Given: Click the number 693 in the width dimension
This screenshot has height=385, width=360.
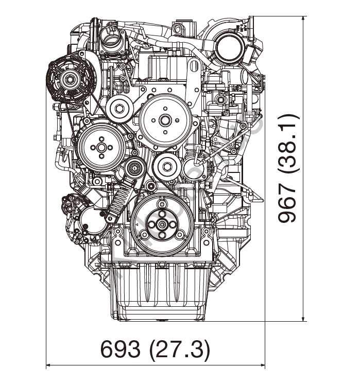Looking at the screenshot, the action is (121, 349).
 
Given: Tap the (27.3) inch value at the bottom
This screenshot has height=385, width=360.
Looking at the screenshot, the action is (179, 349).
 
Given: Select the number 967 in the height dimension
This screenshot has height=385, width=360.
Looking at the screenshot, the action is (287, 203).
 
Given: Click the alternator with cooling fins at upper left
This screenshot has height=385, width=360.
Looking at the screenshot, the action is (71, 79).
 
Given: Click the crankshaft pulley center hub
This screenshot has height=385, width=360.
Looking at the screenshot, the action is (162, 224).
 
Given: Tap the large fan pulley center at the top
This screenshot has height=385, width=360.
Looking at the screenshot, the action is (165, 120).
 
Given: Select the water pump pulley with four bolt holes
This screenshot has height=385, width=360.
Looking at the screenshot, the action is (101, 148).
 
